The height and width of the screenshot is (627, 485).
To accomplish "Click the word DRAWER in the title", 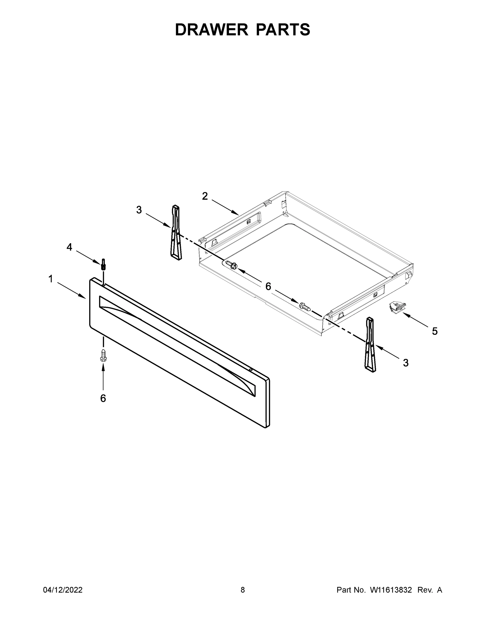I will pos(212,30).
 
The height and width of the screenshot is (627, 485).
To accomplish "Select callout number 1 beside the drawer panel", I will pos(50,279).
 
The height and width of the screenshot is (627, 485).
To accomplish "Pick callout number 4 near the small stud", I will pos(69,247).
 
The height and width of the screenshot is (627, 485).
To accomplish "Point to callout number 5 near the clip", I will pos(435,331).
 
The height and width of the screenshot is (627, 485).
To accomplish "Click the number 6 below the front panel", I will pos(103,398).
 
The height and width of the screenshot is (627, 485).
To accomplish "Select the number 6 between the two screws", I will pos(268,286).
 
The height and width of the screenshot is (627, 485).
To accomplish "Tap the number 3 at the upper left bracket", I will pos(139,210).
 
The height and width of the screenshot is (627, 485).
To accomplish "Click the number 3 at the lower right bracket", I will pos(406,363).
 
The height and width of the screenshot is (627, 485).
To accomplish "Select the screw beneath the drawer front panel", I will pos(103,355).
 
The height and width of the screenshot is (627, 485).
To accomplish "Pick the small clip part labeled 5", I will pos(397,307).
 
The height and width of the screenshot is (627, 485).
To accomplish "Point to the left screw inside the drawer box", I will pos(231,264).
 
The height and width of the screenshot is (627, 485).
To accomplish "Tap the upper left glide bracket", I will pos(176,233).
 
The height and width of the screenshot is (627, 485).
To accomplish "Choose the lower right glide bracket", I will pos(370,345).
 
